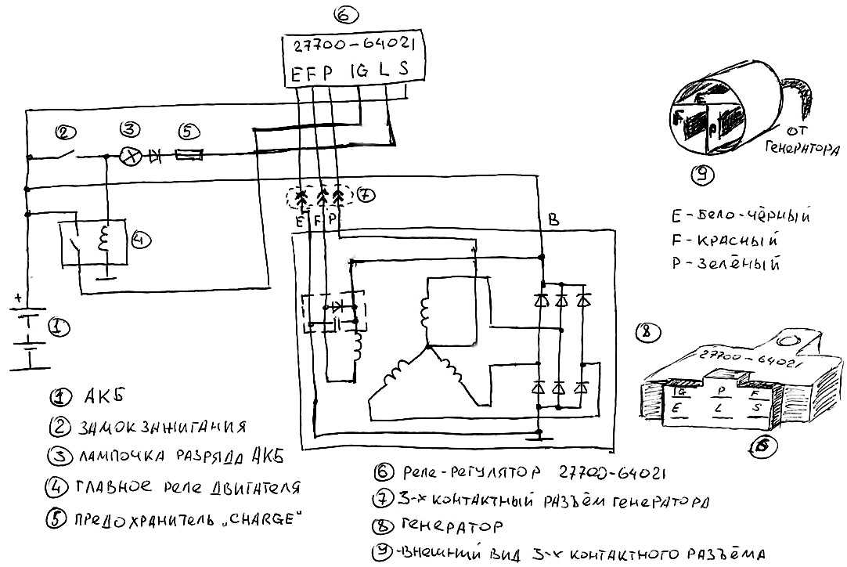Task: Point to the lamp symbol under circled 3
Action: [134, 157]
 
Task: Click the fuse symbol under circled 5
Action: [189, 157]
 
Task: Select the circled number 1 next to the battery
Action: [56, 327]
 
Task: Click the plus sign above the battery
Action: [16, 298]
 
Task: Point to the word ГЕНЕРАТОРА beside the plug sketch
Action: [802, 146]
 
